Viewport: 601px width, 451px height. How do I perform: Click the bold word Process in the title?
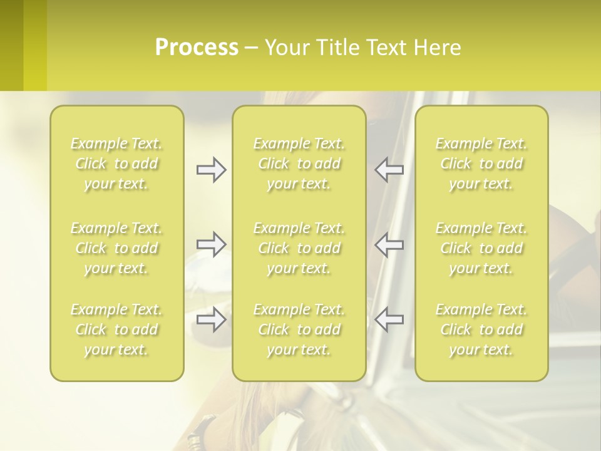pos(197,48)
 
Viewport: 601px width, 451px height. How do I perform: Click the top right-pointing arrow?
pos(211,170)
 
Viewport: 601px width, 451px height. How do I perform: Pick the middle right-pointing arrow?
pos(211,244)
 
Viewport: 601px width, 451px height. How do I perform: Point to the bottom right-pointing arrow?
pos(211,319)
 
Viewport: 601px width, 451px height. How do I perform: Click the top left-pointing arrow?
pos(389,170)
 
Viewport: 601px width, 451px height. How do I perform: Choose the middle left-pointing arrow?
pos(389,244)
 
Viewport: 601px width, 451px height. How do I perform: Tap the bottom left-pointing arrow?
pos(389,319)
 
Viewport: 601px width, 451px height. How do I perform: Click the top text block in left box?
pos(116,163)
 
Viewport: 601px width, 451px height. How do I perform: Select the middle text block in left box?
pos(116,248)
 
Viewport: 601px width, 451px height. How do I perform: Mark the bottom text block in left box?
pos(116,329)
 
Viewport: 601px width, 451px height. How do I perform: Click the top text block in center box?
pos(299,163)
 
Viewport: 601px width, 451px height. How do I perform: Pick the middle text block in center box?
pos(299,248)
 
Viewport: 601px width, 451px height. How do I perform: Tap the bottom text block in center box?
pos(299,329)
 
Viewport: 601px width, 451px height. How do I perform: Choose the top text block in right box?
pos(481,163)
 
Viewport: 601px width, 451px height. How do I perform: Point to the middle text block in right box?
pos(481,248)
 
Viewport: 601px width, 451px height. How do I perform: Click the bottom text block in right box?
pos(481,329)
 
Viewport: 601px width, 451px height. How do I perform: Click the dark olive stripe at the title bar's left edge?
pos(11,45)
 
